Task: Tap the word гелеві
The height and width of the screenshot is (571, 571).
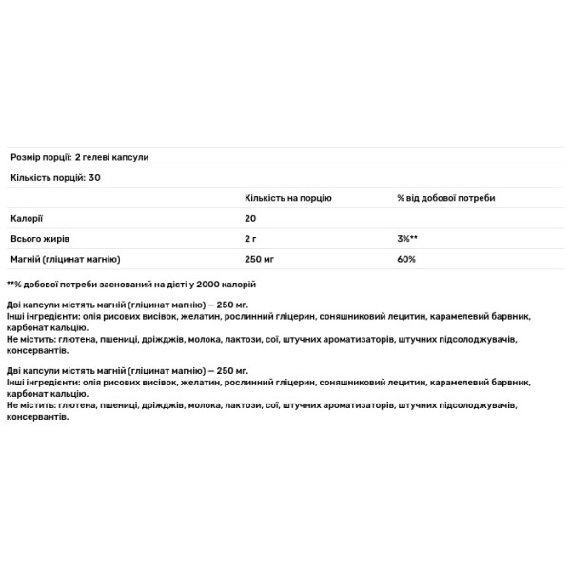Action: click(104, 157)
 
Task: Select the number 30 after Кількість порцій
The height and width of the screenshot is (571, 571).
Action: click(94, 178)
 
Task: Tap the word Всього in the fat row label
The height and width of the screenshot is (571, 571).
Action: click(26, 239)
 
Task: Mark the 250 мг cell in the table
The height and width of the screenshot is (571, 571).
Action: click(258, 259)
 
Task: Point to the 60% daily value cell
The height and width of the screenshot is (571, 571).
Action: click(406, 259)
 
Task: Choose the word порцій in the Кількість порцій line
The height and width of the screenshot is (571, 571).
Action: click(65, 178)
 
